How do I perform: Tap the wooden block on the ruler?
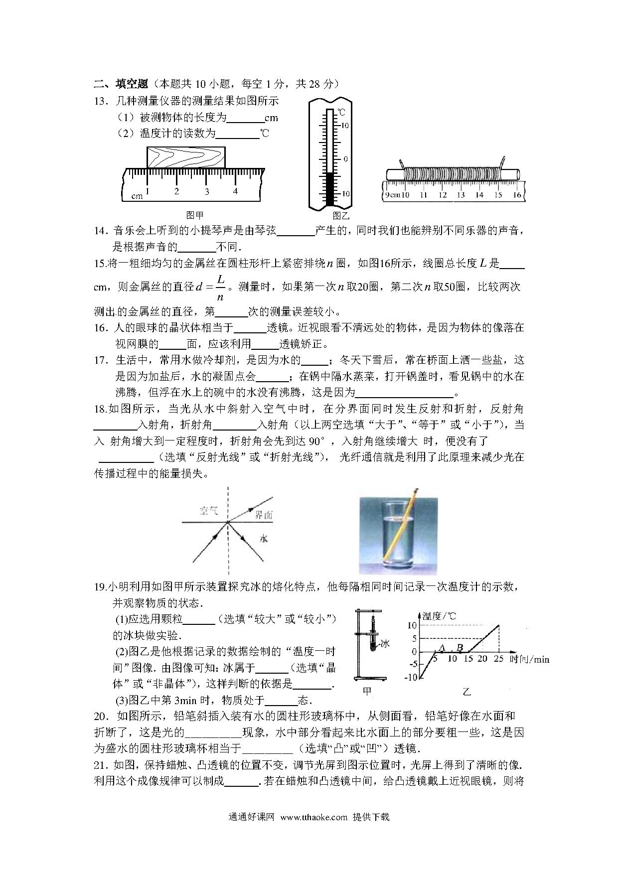[185, 157]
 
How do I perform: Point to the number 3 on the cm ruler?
[206, 191]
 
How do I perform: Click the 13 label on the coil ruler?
[460, 195]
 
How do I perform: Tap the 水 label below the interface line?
[264, 538]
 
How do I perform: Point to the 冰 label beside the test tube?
[385, 644]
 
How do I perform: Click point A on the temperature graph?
[441, 648]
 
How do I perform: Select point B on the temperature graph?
[460, 648]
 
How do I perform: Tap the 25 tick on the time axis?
[499, 659]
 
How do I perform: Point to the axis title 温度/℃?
[439, 616]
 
